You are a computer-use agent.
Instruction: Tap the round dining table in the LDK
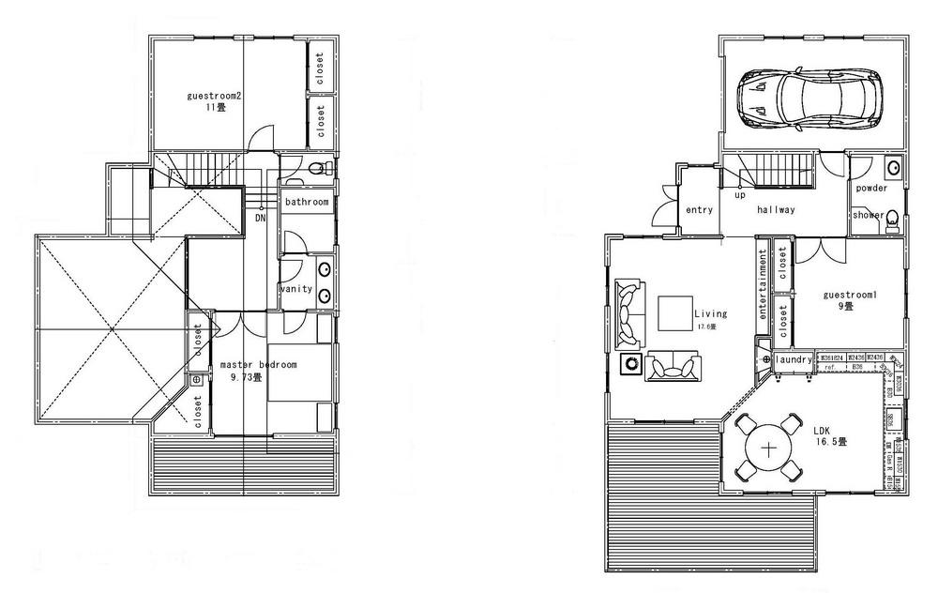point(769,449)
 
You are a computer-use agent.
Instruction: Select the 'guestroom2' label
point(215,96)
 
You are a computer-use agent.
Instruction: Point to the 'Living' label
point(706,314)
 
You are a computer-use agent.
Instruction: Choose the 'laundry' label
point(794,359)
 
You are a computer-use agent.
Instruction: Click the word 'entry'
point(700,210)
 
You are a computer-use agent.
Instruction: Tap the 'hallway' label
point(776,210)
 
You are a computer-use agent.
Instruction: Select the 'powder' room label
point(871,189)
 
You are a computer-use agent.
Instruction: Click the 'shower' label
point(868,215)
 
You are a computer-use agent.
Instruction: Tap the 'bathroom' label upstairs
point(307,203)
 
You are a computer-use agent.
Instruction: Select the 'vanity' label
point(295,290)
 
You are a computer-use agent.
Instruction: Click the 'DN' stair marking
point(259,219)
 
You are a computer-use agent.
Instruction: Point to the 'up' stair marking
point(739,196)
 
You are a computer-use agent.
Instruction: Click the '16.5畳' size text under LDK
point(831,440)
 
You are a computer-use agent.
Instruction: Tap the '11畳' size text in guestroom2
point(216,108)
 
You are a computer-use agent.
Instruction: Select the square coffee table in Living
point(674,313)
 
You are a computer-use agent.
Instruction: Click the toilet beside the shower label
point(892,220)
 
